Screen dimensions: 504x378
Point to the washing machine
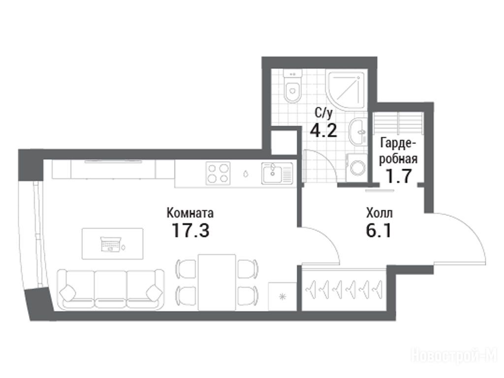pos(356,167)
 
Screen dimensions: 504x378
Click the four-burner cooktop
pos(218,173)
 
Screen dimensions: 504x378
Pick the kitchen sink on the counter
pos(277,173)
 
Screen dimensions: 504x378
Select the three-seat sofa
pos(110,290)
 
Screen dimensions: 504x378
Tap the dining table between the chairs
pos(217,282)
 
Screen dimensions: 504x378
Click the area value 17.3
pos(190,230)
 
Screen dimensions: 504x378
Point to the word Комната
pos(190,213)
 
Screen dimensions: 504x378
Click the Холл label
pos(379,213)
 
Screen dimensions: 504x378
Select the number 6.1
pos(378,230)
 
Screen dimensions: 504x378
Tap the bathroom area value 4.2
pos(324,130)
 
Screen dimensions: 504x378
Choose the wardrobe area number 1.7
pos(399,176)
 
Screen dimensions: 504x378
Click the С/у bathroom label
pos(324,113)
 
